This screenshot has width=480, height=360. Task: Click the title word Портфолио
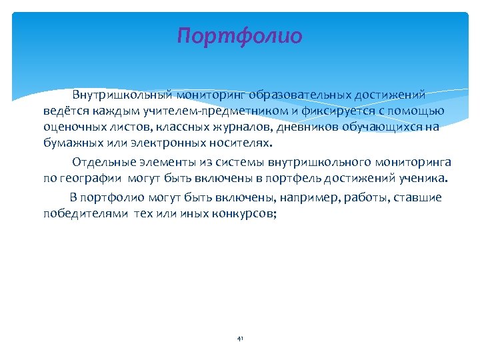coord(240,35)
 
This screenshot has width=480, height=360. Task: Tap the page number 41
coord(240,339)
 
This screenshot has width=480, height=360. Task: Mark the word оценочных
coord(69,127)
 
